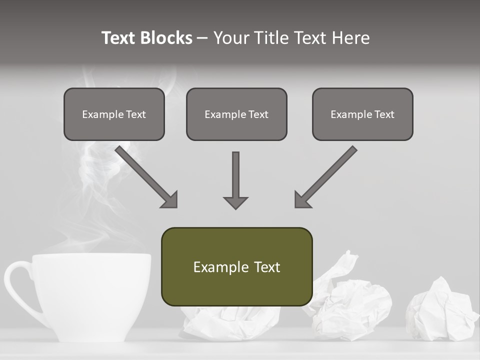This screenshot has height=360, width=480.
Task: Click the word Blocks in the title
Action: coord(166,38)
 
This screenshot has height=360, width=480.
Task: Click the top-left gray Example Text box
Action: coord(114,114)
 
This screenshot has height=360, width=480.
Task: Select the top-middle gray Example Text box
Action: coord(236,114)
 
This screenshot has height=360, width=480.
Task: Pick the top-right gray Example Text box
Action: coord(362,114)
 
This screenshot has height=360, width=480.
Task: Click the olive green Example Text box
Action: coord(236,267)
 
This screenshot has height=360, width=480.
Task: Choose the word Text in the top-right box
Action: coord(384,114)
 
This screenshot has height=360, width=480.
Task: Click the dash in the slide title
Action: coord(202,38)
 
